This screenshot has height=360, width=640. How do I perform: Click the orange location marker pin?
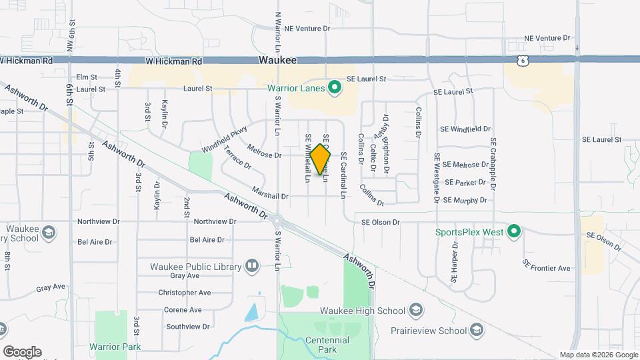320,159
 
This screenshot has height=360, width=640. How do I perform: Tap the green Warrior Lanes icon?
335,88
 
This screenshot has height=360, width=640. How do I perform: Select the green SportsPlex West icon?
513,232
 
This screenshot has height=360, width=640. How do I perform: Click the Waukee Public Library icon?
252,266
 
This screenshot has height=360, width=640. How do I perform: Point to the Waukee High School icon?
415,311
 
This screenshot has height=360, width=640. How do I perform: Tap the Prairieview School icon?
477,330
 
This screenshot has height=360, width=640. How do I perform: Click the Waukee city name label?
277,60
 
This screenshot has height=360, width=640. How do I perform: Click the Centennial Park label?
324,345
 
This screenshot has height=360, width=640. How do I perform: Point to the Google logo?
21,352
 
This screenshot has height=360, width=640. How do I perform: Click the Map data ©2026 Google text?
598,355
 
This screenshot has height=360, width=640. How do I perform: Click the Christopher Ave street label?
184,293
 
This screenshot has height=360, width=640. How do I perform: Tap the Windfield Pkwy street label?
224,139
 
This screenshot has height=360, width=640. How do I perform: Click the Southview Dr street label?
188,327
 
